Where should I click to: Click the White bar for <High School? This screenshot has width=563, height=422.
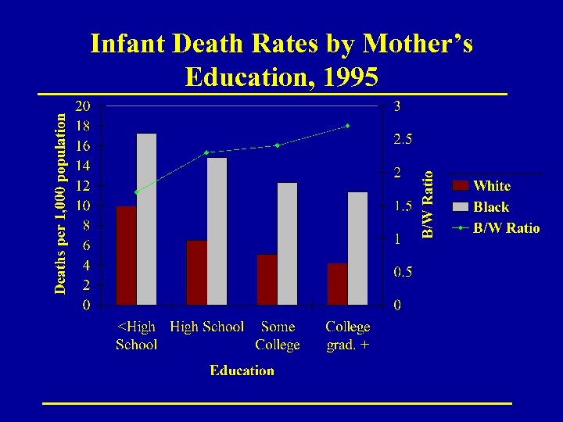click(x=126, y=256)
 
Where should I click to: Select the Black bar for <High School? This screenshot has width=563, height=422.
click(x=146, y=219)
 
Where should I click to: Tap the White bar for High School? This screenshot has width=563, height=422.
click(x=197, y=273)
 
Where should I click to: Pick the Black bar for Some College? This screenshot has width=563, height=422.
click(x=288, y=243)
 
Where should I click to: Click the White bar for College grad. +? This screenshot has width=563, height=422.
click(x=338, y=284)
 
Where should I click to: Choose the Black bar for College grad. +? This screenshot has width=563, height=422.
click(x=358, y=248)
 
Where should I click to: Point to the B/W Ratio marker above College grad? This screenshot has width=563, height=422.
click(x=348, y=125)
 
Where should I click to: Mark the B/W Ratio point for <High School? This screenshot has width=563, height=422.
click(x=136, y=191)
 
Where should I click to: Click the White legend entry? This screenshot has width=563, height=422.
click(x=491, y=186)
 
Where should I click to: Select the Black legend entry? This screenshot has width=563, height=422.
click(x=491, y=207)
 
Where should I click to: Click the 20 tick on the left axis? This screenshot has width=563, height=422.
click(x=82, y=105)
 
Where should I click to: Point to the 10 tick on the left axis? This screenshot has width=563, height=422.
click(x=82, y=206)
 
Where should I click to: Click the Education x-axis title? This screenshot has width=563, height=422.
click(x=242, y=370)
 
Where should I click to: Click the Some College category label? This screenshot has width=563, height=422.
click(x=278, y=335)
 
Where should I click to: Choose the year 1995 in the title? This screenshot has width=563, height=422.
click(x=343, y=77)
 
